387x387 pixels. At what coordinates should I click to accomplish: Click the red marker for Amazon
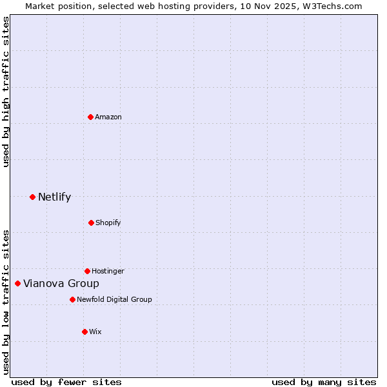pyautogui.click(x=90, y=117)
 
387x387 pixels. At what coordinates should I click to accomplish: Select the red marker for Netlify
pyautogui.click(x=32, y=197)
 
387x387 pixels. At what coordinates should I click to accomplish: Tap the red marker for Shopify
pyautogui.click(x=91, y=223)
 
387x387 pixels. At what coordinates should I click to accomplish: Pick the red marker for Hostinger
pyautogui.click(x=87, y=271)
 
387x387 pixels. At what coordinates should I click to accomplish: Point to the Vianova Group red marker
pyautogui.click(x=17, y=283)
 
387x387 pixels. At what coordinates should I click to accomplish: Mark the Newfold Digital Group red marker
pyautogui.click(x=72, y=299)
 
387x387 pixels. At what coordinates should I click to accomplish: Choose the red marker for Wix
pyautogui.click(x=84, y=332)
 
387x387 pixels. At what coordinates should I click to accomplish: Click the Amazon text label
pyautogui.click(x=108, y=117)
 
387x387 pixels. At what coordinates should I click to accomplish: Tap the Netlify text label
pyautogui.click(x=54, y=197)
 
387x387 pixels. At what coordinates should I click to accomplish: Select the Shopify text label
pyautogui.click(x=108, y=223)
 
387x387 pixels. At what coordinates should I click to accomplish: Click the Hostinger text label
pyautogui.click(x=108, y=271)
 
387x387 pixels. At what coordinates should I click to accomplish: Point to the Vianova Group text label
pyautogui.click(x=61, y=283)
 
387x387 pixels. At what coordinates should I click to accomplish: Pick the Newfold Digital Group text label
pyautogui.click(x=114, y=299)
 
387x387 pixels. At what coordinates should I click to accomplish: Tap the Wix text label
pyautogui.click(x=95, y=332)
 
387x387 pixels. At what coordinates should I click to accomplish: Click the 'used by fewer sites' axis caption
pyautogui.click(x=66, y=382)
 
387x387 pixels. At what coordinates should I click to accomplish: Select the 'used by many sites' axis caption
pyautogui.click(x=324, y=382)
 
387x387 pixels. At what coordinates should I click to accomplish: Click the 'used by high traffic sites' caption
pyautogui.click(x=6, y=92)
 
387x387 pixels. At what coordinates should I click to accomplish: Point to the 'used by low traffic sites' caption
pyautogui.click(x=6, y=301)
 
